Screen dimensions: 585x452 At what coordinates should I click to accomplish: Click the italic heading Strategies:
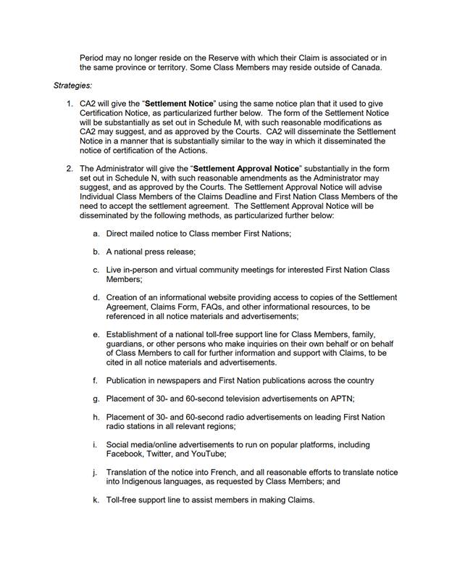(x=72, y=86)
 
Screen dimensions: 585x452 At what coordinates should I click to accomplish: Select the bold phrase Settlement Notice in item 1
(x=180, y=104)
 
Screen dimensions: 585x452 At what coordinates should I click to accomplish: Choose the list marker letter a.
(x=96, y=233)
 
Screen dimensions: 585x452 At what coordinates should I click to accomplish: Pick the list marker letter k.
(x=96, y=499)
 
